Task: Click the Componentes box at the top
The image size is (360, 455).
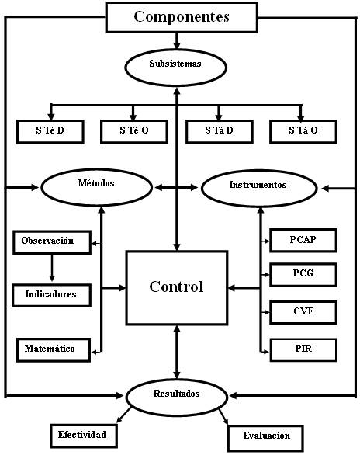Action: (182, 17)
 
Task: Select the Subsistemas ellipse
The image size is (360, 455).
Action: (175, 68)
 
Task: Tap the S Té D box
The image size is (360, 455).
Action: (50, 131)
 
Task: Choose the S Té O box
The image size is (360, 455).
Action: (134, 131)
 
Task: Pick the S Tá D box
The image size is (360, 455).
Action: (219, 131)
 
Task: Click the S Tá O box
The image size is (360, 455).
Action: (303, 131)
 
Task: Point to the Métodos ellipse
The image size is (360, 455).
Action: (96, 187)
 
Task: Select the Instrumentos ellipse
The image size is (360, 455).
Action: (259, 189)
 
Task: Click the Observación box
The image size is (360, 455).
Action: (52, 242)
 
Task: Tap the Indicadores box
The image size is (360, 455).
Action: (51, 295)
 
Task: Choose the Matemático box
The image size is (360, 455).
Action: (54, 349)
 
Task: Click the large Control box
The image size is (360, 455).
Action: (177, 287)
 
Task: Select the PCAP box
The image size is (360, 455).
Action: (303, 240)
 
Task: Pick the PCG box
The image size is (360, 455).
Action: (303, 275)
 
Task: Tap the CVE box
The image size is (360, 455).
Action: (303, 312)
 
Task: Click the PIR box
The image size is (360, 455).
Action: (303, 349)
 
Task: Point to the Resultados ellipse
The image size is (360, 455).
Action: (177, 398)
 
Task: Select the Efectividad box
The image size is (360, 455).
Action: (84, 436)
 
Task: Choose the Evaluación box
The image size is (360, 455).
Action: (266, 438)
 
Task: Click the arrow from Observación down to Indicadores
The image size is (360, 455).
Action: (52, 268)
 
